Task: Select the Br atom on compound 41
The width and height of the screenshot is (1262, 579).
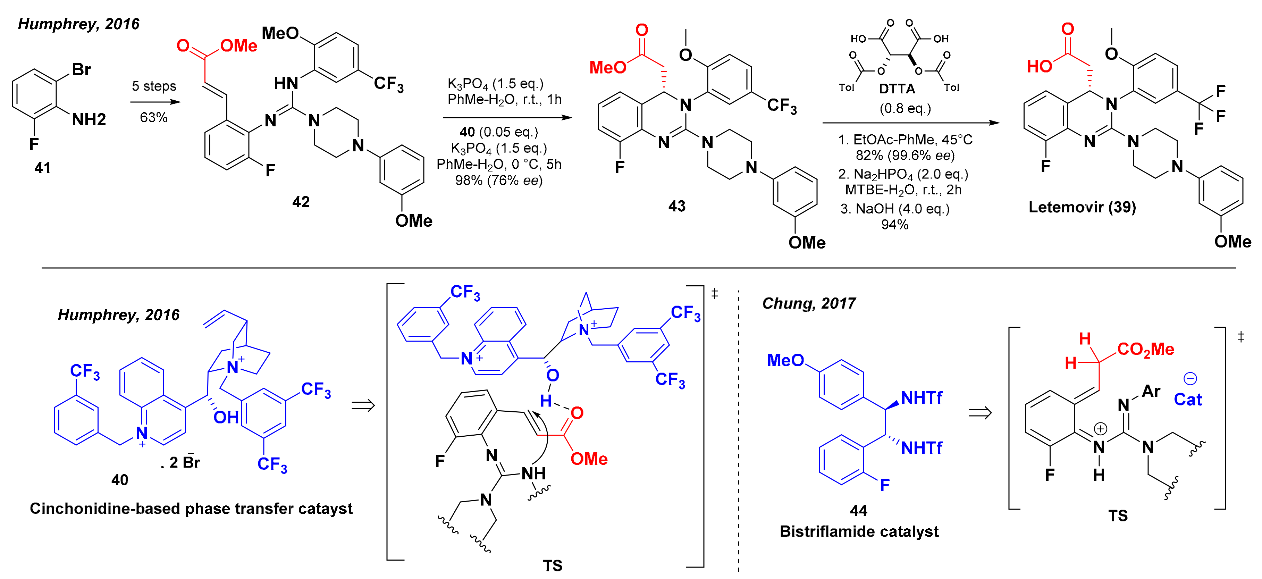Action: pyautogui.click(x=81, y=69)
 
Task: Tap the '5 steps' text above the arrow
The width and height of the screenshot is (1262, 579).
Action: pyautogui.click(x=154, y=86)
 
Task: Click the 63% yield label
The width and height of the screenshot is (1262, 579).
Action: pyautogui.click(x=153, y=118)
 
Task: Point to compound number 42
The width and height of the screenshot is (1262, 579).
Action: pyautogui.click(x=301, y=202)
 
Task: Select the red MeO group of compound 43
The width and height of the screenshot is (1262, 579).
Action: pyautogui.click(x=607, y=67)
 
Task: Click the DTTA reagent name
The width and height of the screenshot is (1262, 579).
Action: pyautogui.click(x=897, y=89)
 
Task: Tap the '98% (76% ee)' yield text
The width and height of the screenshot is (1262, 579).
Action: pyautogui.click(x=499, y=181)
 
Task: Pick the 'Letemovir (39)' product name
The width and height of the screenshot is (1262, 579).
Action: pyautogui.click(x=1082, y=207)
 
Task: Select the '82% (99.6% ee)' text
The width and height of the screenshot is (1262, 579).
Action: pyautogui.click(x=905, y=156)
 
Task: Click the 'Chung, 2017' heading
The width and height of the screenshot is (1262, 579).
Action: pyautogui.click(x=808, y=304)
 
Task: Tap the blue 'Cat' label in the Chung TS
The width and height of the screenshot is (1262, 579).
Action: pyautogui.click(x=1187, y=400)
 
